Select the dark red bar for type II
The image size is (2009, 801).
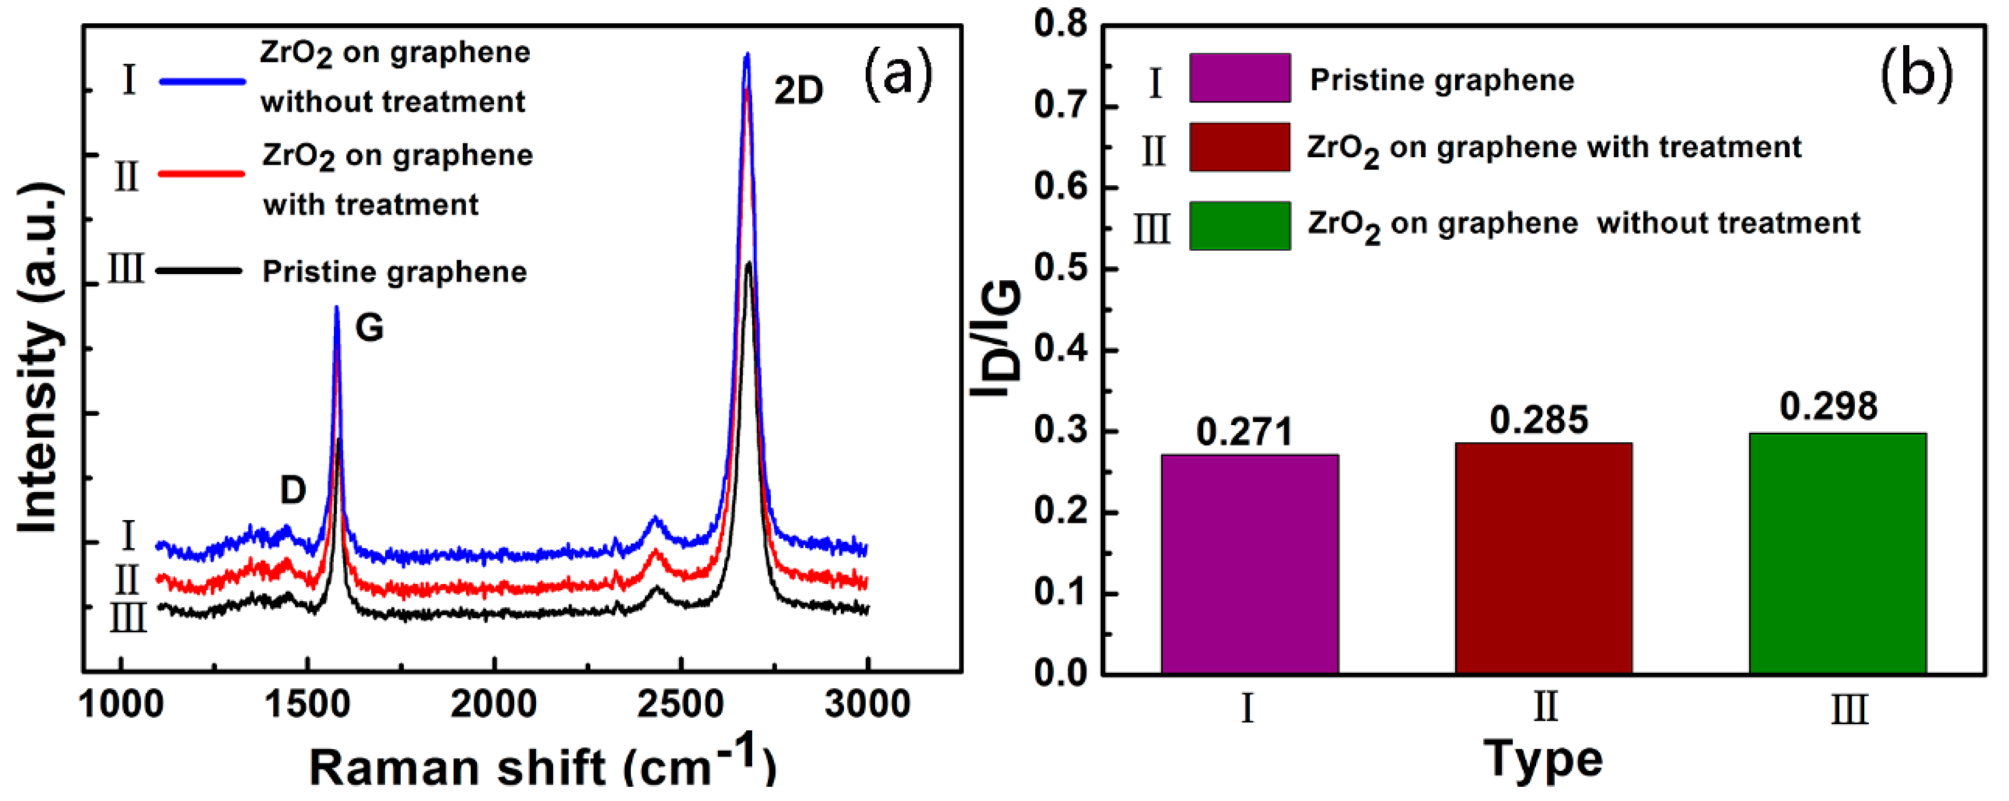click(x=1542, y=558)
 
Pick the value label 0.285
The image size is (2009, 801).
click(x=1538, y=420)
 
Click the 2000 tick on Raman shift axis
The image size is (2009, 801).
click(x=493, y=704)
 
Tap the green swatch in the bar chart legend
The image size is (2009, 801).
click(x=1239, y=226)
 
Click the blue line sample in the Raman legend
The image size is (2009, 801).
click(x=202, y=81)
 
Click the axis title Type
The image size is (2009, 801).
click(x=1542, y=759)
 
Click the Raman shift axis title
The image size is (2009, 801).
click(x=542, y=767)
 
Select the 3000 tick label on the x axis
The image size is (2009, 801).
click(x=867, y=704)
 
